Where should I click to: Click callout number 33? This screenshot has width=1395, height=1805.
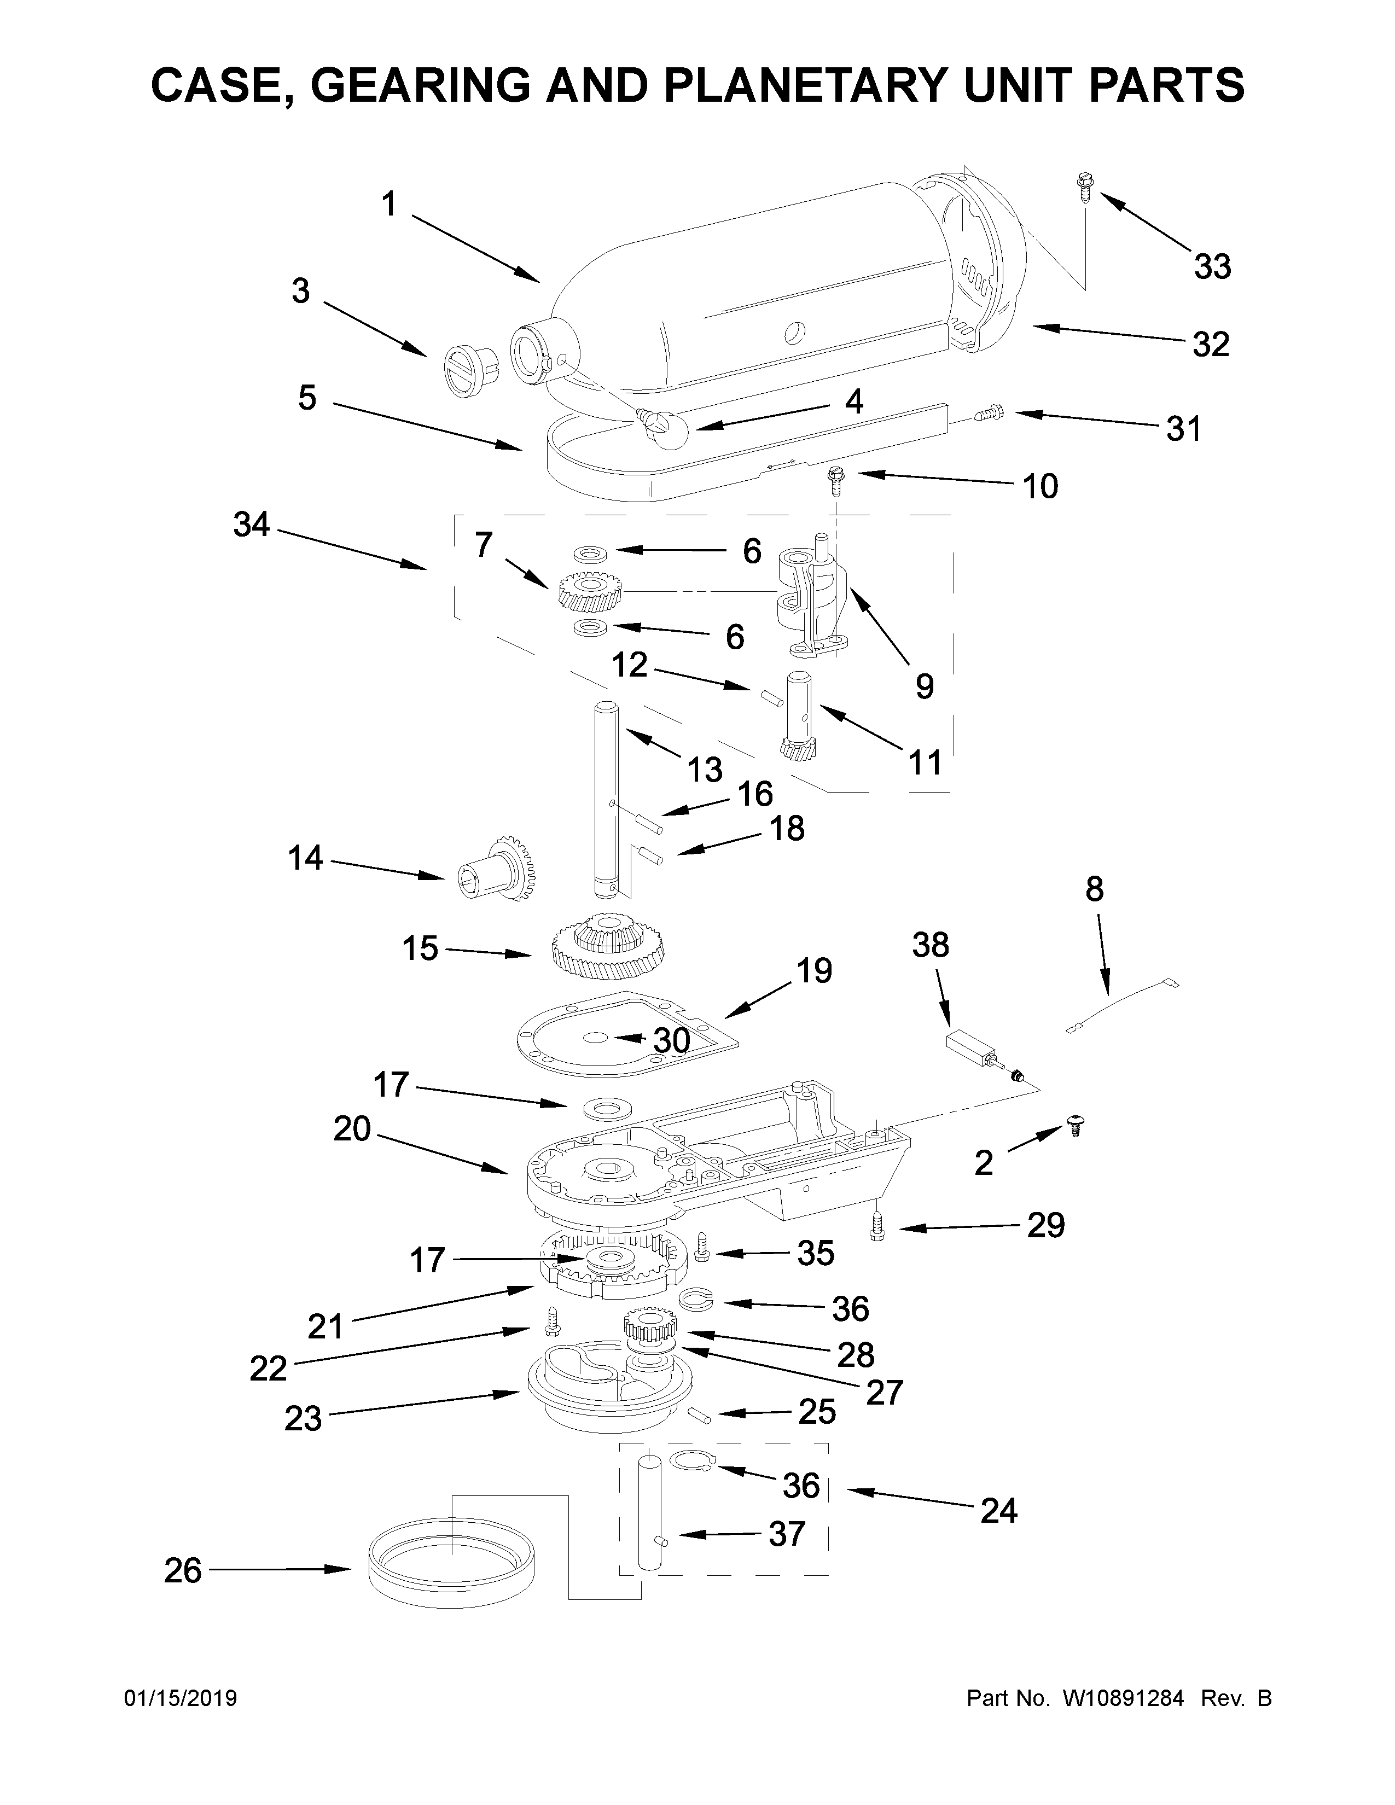tap(1212, 266)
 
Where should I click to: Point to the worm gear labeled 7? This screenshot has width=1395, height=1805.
tap(590, 592)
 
